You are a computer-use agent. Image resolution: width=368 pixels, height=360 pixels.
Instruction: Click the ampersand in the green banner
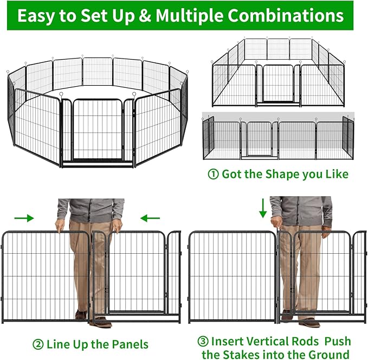[x=145, y=15]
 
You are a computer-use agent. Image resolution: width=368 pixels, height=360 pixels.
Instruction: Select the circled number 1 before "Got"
[x=213, y=175]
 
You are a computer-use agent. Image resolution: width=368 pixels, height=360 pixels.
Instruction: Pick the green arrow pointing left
[x=150, y=218]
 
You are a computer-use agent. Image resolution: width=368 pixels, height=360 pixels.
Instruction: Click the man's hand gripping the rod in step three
[x=277, y=222]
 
